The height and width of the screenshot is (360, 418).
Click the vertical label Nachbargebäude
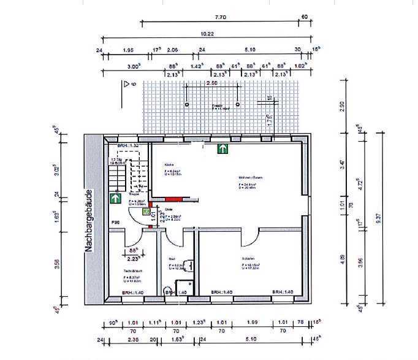click(x=89, y=221)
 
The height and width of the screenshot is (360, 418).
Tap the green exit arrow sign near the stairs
click(x=115, y=198)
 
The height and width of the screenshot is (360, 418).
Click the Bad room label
click(x=172, y=259)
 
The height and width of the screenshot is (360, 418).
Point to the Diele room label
click(x=169, y=209)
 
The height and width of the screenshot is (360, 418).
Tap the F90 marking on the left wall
click(x=115, y=222)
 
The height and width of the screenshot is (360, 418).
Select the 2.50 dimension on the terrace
click(x=211, y=82)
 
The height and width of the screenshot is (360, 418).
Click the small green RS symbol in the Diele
click(x=146, y=212)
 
